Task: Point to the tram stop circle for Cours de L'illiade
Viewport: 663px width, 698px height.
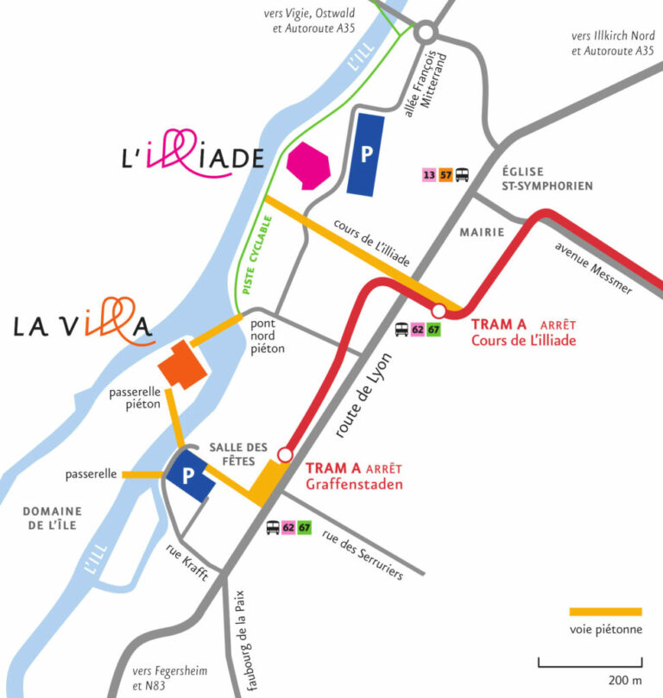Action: [439, 311]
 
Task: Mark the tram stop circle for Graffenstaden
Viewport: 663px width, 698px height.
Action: [285, 454]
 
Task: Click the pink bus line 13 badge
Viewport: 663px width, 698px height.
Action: [429, 175]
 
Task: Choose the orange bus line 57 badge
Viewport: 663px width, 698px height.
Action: [445, 175]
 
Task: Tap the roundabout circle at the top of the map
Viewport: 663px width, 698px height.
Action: [425, 34]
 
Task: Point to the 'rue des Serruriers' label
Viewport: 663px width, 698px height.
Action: [363, 554]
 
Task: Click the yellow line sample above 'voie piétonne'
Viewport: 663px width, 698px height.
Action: [605, 612]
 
